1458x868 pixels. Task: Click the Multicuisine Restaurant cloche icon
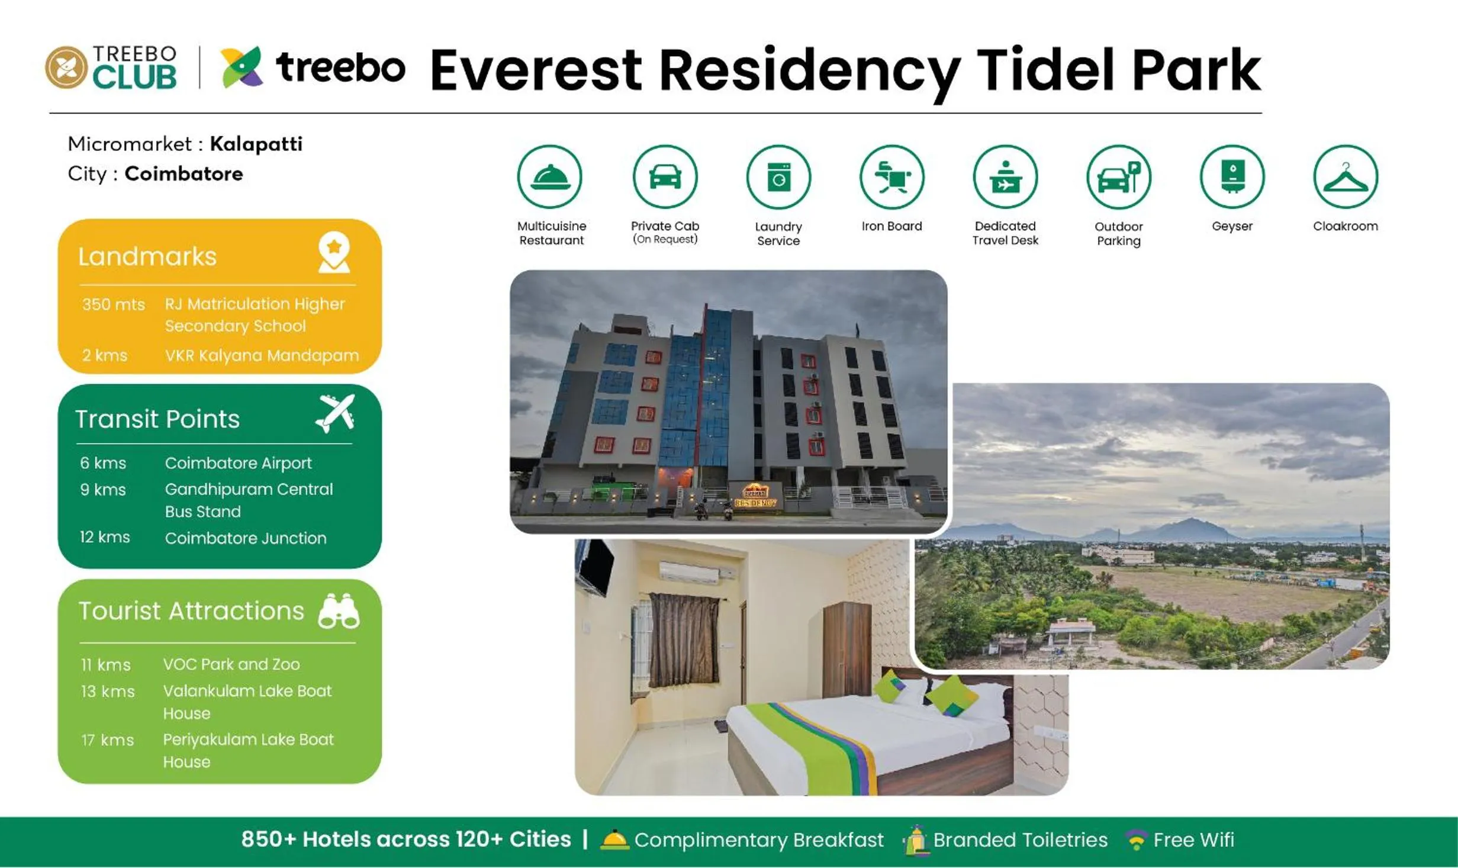[x=550, y=176]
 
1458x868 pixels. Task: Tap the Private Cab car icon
[x=665, y=176]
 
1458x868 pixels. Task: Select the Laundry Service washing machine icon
[x=778, y=176]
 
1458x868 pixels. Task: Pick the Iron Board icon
[x=891, y=176]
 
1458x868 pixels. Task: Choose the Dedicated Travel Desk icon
[x=1005, y=176]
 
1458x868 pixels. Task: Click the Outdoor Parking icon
[x=1118, y=176]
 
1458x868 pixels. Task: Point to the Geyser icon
[x=1232, y=176]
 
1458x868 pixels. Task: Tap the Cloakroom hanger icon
[x=1345, y=176]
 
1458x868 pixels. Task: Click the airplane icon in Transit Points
[x=335, y=413]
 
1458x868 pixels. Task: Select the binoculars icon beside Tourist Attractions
[x=339, y=610]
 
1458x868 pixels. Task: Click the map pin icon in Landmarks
[x=334, y=252]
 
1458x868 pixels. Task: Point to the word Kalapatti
[x=256, y=144]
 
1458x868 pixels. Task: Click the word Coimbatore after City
[x=184, y=173]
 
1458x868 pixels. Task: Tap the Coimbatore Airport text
[x=238, y=463]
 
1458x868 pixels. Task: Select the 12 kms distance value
[x=105, y=537]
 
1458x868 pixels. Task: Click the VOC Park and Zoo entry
[x=231, y=664]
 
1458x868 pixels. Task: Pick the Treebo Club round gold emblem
[x=66, y=67]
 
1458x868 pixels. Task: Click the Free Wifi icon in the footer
[x=1136, y=840]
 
